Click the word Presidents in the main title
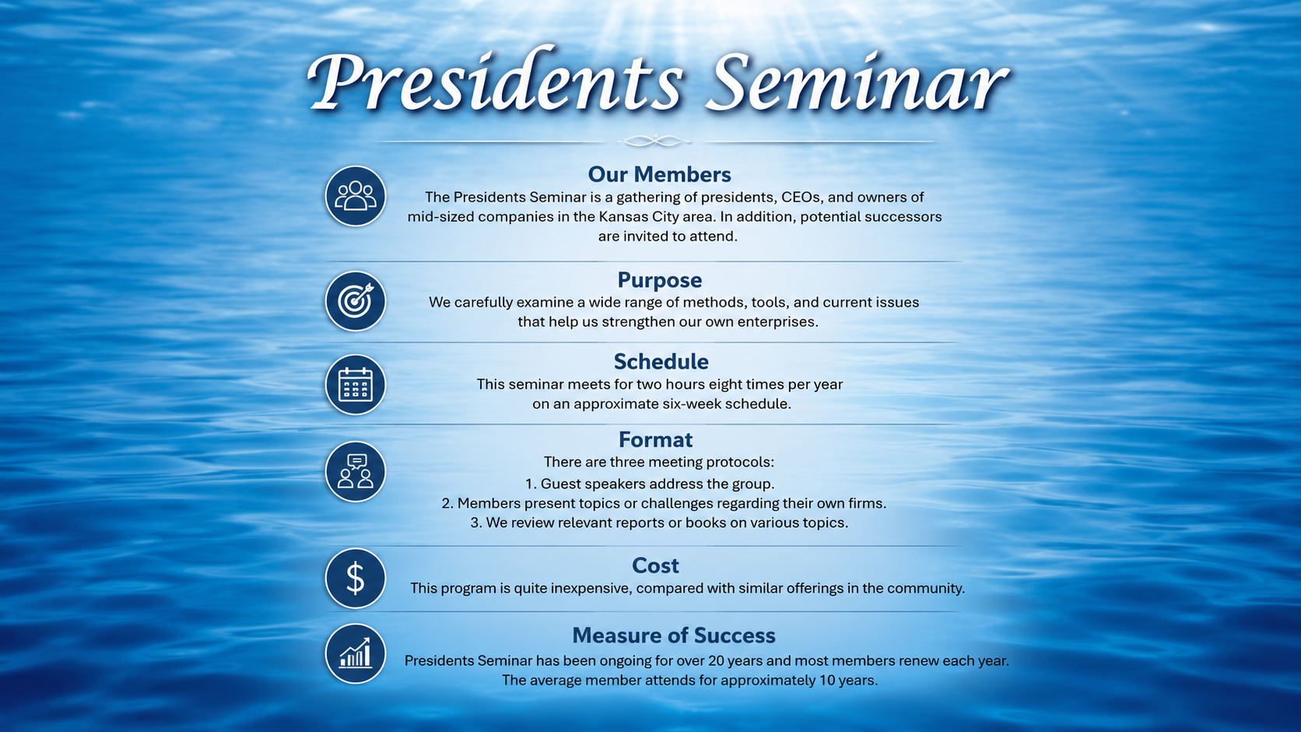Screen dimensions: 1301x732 pyautogui.click(x=494, y=80)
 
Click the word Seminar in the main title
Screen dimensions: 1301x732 pyautogui.click(x=857, y=81)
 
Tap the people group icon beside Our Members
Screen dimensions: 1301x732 pyautogui.click(x=356, y=196)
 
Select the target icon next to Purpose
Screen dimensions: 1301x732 pyautogui.click(x=356, y=301)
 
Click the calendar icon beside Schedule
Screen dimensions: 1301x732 pyautogui.click(x=356, y=384)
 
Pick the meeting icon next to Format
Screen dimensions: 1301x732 pyautogui.click(x=356, y=471)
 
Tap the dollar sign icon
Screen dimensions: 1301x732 pyautogui.click(x=356, y=578)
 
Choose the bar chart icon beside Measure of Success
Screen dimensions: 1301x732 pyautogui.click(x=356, y=653)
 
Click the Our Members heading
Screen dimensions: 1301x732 pyautogui.click(x=659, y=174)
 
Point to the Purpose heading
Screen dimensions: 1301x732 pyautogui.click(x=659, y=280)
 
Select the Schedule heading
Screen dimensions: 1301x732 pyautogui.click(x=661, y=362)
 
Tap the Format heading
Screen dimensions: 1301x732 pyautogui.click(x=656, y=440)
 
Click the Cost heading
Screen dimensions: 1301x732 pyautogui.click(x=655, y=566)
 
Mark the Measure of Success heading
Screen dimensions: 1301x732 pyautogui.click(x=674, y=635)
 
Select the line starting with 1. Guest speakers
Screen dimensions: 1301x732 pyautogui.click(x=650, y=484)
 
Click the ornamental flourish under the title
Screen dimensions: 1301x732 pyautogui.click(x=655, y=141)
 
